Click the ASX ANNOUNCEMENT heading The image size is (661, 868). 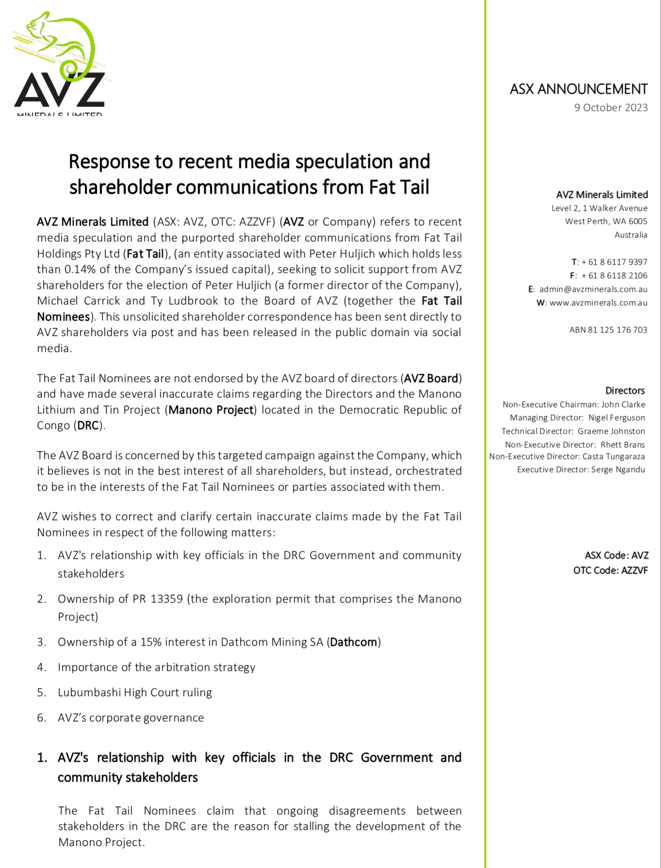click(x=578, y=89)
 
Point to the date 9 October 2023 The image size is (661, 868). click(x=611, y=108)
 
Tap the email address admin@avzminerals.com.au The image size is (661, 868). click(x=593, y=289)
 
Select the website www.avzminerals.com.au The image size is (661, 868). click(x=598, y=303)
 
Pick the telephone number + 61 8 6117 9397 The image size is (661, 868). click(x=614, y=262)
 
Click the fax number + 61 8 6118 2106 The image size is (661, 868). click(x=614, y=276)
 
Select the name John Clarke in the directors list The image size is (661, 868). click(x=623, y=405)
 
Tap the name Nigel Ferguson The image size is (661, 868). click(x=616, y=418)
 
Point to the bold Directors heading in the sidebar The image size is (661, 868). click(x=625, y=391)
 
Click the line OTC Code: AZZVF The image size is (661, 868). click(x=610, y=570)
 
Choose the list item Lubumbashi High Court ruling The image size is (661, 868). click(x=135, y=693)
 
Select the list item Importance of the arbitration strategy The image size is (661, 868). click(x=156, y=667)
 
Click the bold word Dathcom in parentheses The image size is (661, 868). click(x=354, y=642)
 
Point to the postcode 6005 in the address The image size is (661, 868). click(x=638, y=221)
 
